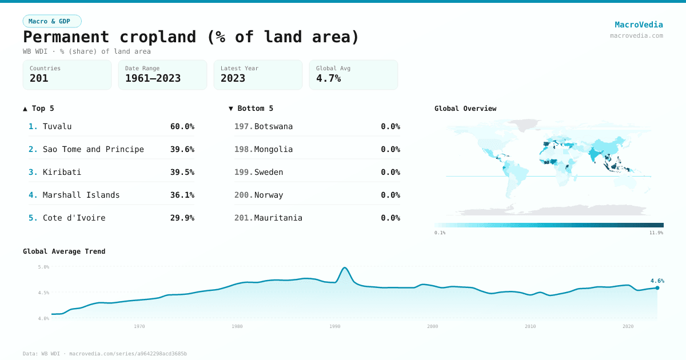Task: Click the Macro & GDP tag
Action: tap(52, 21)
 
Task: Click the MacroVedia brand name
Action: tap(639, 25)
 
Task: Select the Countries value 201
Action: tap(39, 78)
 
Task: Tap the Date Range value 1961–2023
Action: tap(153, 78)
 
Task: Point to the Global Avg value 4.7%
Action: tap(328, 78)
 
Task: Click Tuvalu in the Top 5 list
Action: tap(57, 126)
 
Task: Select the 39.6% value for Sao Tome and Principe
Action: tap(182, 149)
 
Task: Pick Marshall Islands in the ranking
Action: tap(81, 195)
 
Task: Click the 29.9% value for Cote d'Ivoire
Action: tap(182, 218)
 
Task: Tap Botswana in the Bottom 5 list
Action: tap(273, 126)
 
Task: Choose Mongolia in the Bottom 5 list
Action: tap(273, 149)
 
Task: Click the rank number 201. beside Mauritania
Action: tap(244, 218)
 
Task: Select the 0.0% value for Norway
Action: tap(390, 195)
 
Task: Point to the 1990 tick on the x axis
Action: tap(335, 326)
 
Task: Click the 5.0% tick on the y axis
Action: tap(43, 267)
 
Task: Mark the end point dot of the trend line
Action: tap(657, 288)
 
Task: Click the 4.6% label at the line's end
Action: tap(657, 281)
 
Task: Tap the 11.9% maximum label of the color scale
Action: tap(656, 233)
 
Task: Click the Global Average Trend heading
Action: tap(64, 251)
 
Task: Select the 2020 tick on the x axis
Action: tap(628, 326)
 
